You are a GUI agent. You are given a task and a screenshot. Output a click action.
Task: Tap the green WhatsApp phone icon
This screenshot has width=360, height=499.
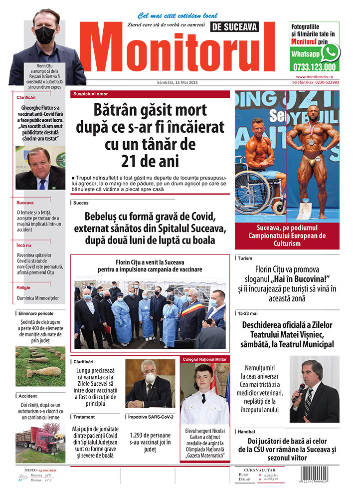[x=330, y=52]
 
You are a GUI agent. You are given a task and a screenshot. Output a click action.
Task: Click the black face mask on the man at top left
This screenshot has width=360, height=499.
[x=45, y=35]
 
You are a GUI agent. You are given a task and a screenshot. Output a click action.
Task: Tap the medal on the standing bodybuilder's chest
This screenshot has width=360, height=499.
[x=311, y=142]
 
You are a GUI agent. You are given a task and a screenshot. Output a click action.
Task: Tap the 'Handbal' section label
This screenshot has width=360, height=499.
[x=247, y=431]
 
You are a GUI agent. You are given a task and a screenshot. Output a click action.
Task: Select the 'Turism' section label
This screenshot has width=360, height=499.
[x=245, y=258]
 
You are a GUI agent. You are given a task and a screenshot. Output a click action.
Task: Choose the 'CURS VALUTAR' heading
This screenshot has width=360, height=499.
[x=262, y=470]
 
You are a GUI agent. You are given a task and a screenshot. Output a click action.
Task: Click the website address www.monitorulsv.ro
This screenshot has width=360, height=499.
[x=317, y=76]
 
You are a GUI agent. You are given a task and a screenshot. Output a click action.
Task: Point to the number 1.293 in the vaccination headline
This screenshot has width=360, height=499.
[x=140, y=435]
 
